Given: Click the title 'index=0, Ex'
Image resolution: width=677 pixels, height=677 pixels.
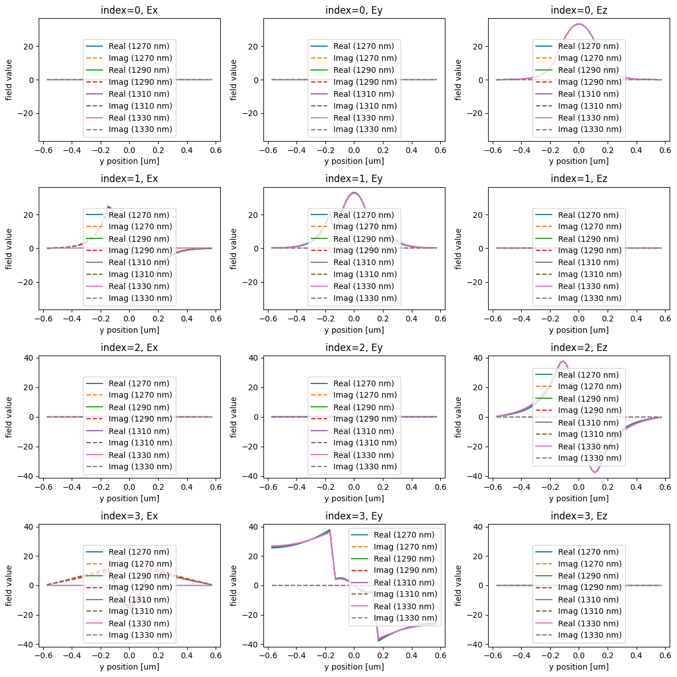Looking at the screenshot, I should [x=129, y=10].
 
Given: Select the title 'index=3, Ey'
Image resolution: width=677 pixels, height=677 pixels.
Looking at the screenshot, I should [x=354, y=516].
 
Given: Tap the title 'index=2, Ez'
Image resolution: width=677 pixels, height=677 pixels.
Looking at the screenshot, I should [x=579, y=348].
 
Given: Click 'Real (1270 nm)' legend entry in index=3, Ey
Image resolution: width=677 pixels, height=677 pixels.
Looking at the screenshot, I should [x=404, y=535].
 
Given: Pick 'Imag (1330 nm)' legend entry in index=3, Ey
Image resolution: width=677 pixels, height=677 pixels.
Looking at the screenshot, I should [x=405, y=618].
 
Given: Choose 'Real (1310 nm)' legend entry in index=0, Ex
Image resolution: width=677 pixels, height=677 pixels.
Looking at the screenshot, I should [x=139, y=94].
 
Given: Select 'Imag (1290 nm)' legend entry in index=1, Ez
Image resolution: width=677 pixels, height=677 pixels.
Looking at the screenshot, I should [x=589, y=250].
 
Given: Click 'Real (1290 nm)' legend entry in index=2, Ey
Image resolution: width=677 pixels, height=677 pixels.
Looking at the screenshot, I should [x=364, y=407].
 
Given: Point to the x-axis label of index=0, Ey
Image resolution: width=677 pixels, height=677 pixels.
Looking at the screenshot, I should [x=354, y=161].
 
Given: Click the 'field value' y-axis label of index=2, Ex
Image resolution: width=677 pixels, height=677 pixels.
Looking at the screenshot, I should [x=9, y=417].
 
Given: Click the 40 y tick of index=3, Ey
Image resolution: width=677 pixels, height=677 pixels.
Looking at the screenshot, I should [x=254, y=527].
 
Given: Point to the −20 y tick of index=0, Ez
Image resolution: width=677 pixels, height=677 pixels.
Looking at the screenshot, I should [x=476, y=113].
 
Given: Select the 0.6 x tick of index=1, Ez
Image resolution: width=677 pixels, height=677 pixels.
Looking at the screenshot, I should [x=664, y=318].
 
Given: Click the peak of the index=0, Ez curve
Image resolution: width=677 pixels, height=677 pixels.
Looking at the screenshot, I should [x=579, y=24].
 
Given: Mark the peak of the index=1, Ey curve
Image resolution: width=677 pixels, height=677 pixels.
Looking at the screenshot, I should [x=354, y=193].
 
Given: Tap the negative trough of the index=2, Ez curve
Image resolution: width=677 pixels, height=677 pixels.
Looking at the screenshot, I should [x=595, y=472].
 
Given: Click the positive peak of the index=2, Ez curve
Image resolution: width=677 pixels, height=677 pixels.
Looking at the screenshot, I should [x=563, y=361].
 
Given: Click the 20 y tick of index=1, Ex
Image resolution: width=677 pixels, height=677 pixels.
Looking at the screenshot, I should [x=30, y=215].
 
